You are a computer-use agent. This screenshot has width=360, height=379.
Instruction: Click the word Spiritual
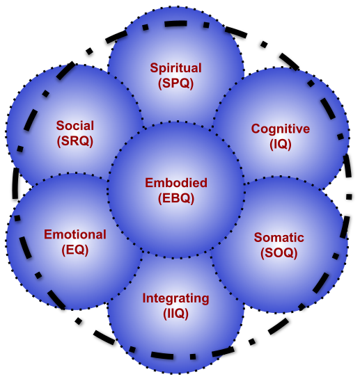click(x=175, y=68)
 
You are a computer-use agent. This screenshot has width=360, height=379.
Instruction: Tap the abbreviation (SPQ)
click(x=176, y=83)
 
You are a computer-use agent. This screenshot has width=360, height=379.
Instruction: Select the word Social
click(x=75, y=126)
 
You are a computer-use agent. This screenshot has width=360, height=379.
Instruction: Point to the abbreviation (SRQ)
click(x=75, y=141)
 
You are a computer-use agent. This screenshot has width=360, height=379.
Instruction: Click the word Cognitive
click(x=281, y=129)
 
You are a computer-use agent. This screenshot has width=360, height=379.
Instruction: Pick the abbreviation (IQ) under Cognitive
click(x=281, y=145)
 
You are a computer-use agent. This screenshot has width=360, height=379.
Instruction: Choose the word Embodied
click(x=176, y=183)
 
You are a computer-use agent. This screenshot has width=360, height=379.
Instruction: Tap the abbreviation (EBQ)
click(x=176, y=198)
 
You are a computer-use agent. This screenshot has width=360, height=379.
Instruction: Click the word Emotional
click(x=75, y=234)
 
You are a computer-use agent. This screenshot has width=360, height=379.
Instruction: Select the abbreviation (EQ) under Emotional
click(x=75, y=250)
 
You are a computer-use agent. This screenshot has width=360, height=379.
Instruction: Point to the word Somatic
click(x=279, y=238)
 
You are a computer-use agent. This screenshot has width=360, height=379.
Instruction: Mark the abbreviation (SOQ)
click(x=279, y=253)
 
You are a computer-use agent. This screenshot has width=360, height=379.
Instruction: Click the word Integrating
click(x=175, y=299)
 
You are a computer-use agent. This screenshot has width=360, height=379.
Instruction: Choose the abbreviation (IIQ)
click(x=175, y=314)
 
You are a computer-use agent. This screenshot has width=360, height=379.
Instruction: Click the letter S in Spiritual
click(x=154, y=68)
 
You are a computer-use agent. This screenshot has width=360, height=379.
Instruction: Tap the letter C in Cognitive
click(x=256, y=129)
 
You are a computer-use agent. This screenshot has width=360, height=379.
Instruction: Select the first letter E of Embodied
click(x=149, y=183)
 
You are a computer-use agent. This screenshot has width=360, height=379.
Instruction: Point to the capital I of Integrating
click(x=144, y=298)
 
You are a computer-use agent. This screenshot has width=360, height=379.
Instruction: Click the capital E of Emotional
click(x=48, y=234)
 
